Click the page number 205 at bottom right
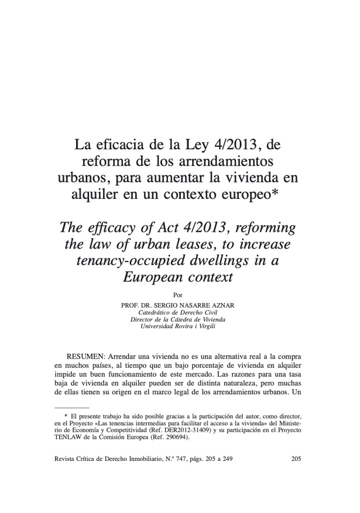coord(296,458)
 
